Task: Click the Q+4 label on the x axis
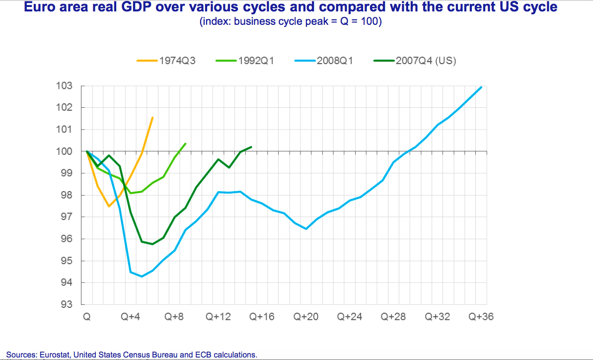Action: click(131, 317)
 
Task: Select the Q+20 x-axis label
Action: click(306, 317)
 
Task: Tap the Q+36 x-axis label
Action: click(481, 317)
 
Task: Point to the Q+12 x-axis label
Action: click(219, 317)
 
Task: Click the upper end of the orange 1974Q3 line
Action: click(152, 117)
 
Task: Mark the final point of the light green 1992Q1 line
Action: click(185, 144)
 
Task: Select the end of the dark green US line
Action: click(252, 147)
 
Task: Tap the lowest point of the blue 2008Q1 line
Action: click(142, 276)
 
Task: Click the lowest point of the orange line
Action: click(109, 206)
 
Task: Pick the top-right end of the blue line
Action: click(481, 87)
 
